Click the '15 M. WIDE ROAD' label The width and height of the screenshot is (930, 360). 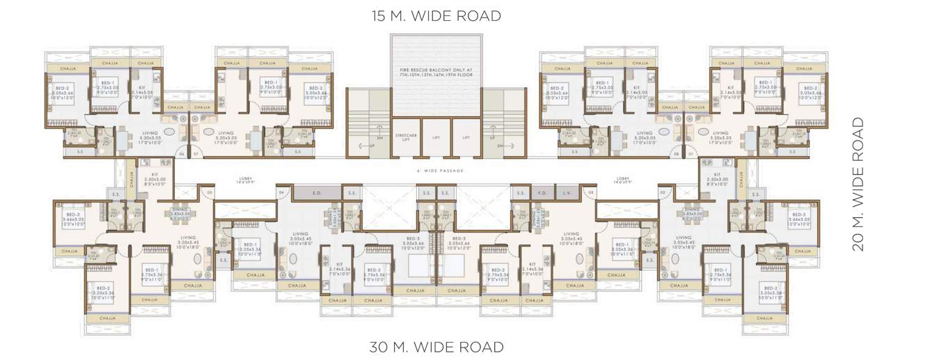[436, 16]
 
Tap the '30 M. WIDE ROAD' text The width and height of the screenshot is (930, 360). [436, 346]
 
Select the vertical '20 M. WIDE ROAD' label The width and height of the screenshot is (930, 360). [858, 184]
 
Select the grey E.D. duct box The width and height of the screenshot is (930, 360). [316, 192]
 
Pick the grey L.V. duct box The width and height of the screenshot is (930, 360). [567, 192]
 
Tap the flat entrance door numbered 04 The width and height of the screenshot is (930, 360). [282, 191]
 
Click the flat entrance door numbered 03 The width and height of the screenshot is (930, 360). [591, 191]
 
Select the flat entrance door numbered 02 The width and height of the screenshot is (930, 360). [663, 191]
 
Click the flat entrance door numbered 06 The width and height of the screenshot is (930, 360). [181, 153]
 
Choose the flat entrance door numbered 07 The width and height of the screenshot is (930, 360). [196, 153]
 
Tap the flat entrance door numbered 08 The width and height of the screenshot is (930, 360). [676, 153]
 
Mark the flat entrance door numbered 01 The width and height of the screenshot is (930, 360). [691, 153]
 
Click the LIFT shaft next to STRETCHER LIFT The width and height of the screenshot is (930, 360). [436, 137]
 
